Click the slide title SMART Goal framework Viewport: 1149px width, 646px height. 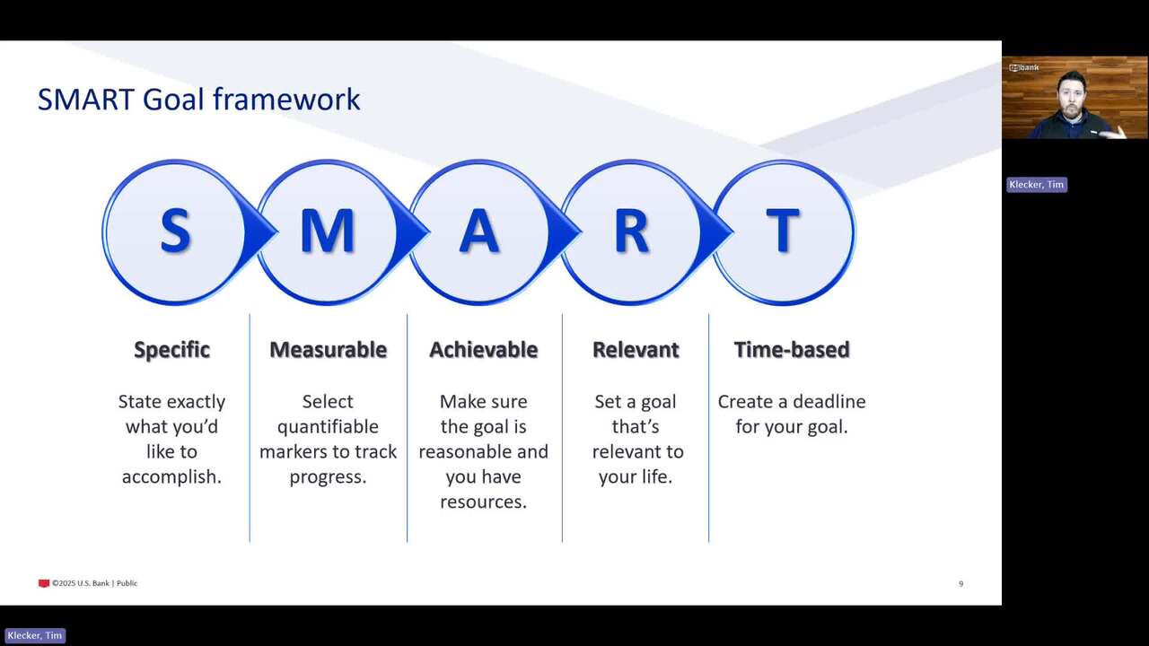(199, 99)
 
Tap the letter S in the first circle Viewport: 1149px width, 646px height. (175, 231)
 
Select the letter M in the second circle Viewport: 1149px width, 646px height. (328, 231)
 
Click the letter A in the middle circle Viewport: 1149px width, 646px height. (479, 231)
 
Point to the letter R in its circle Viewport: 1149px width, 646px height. (631, 231)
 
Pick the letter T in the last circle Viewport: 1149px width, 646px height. (783, 231)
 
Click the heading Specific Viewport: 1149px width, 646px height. (171, 351)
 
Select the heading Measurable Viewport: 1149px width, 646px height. (329, 350)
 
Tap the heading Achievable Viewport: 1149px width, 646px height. (484, 350)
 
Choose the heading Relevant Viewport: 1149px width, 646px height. (636, 350)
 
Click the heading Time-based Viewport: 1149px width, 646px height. (792, 350)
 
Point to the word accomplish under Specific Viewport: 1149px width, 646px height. (171, 477)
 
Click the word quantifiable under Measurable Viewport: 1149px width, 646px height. (328, 427)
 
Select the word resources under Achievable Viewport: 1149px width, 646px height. (483, 502)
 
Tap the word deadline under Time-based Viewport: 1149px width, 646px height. (829, 401)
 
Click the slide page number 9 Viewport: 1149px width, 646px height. (960, 583)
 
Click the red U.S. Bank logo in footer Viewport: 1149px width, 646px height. (44, 583)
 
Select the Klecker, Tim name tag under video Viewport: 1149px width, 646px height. (1037, 185)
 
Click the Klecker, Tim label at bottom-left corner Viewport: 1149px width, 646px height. (35, 636)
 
